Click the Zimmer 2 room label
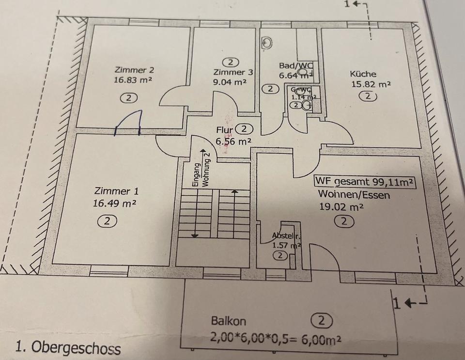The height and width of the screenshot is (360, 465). coord(131,70)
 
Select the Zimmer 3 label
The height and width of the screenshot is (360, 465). coord(233,73)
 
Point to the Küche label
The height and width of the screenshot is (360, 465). coord(363,74)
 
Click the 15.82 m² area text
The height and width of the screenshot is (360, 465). coord(371,84)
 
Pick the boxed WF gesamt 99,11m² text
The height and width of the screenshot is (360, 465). coord(365,182)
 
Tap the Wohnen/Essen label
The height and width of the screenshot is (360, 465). coord(354,195)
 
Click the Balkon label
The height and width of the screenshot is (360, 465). coord(229,321)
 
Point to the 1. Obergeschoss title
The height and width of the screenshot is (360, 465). coord(68,347)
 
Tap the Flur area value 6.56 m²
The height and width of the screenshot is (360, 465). coord(233,141)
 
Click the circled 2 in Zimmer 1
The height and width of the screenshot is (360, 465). coord(107,221)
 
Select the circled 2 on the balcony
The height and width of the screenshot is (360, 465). coord(322,320)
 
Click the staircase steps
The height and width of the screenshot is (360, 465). coord(214,213)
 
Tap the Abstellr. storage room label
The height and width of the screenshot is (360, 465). coord(286,236)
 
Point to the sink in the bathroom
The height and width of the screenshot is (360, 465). coord(268,43)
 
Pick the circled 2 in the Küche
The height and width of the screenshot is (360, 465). coord(368,96)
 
